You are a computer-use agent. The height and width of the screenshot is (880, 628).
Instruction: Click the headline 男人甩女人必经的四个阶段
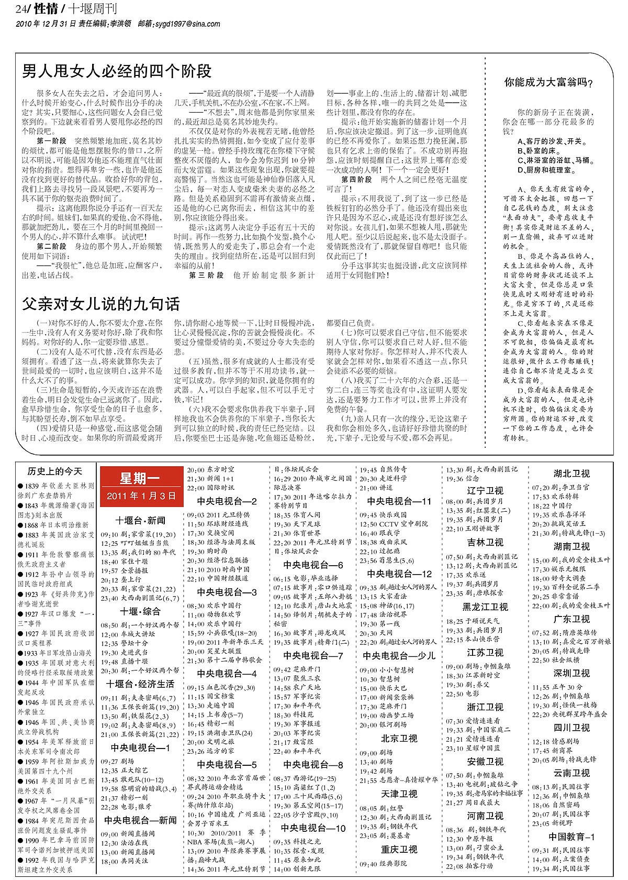117,71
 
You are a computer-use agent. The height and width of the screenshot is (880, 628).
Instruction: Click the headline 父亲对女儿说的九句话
101,304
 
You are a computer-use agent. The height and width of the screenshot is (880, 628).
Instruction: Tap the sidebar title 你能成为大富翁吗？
548,82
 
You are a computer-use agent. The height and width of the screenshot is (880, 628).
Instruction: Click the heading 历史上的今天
55,471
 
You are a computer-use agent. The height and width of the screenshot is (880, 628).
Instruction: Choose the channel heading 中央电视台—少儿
399,656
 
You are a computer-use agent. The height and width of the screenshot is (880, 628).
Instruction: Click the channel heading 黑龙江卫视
485,607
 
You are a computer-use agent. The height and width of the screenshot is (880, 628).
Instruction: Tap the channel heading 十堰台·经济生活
140,684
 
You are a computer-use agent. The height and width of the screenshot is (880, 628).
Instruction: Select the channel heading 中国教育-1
571,837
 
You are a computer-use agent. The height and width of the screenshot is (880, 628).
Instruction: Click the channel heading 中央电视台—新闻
140,820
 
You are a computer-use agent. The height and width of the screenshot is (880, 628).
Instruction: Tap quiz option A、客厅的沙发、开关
552,141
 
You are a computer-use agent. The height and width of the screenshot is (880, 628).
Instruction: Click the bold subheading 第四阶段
357,179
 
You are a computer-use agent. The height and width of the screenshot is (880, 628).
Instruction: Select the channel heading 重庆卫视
399,849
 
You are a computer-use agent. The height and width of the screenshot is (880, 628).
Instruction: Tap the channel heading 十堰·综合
140,611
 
